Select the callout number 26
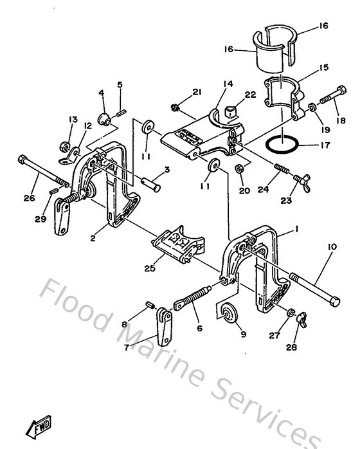pos(29,198)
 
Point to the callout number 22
pos(251,94)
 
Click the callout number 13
pos(73,120)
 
